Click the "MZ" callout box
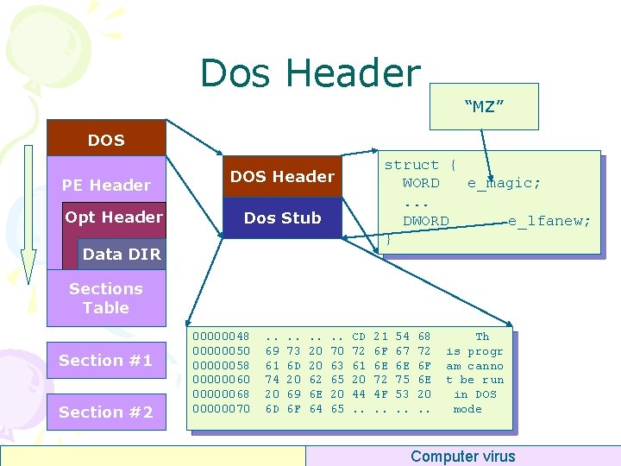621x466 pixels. click(x=484, y=106)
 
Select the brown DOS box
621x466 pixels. click(x=106, y=139)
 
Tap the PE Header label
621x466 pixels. click(x=106, y=185)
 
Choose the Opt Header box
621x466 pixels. click(x=114, y=217)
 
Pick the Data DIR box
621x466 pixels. click(x=122, y=254)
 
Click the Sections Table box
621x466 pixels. click(x=105, y=299)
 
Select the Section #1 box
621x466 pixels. click(x=105, y=361)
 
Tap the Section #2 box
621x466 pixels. click(x=105, y=412)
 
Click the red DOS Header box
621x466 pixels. click(x=282, y=177)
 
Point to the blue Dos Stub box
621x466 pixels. click(x=282, y=218)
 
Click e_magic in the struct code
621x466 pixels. click(x=505, y=183)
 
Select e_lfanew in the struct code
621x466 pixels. click(x=549, y=221)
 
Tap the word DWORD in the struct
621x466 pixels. click(x=426, y=221)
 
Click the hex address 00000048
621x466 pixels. click(x=223, y=336)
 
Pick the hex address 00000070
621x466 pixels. click(x=223, y=409)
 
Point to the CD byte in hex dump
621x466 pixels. click(x=359, y=336)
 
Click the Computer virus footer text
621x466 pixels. click(x=462, y=457)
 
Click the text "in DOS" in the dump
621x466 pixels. click(x=474, y=394)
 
